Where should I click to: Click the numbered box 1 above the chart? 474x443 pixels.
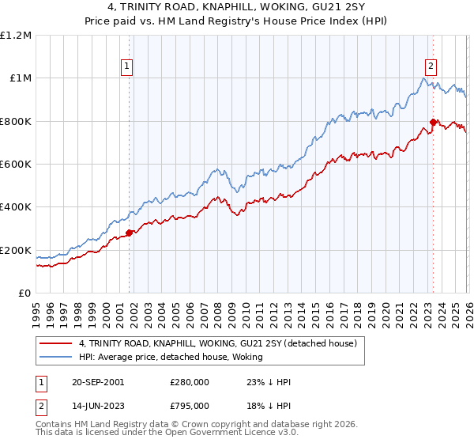click(128, 67)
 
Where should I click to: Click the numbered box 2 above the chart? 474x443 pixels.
click(431, 67)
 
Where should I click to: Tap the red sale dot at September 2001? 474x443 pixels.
click(130, 233)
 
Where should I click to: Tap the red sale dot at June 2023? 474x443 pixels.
click(433, 122)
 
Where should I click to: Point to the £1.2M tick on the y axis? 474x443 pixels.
click(16, 35)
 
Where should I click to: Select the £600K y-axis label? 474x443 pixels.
click(17, 164)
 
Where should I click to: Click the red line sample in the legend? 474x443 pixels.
click(56, 343)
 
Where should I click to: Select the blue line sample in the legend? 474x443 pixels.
click(56, 357)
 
